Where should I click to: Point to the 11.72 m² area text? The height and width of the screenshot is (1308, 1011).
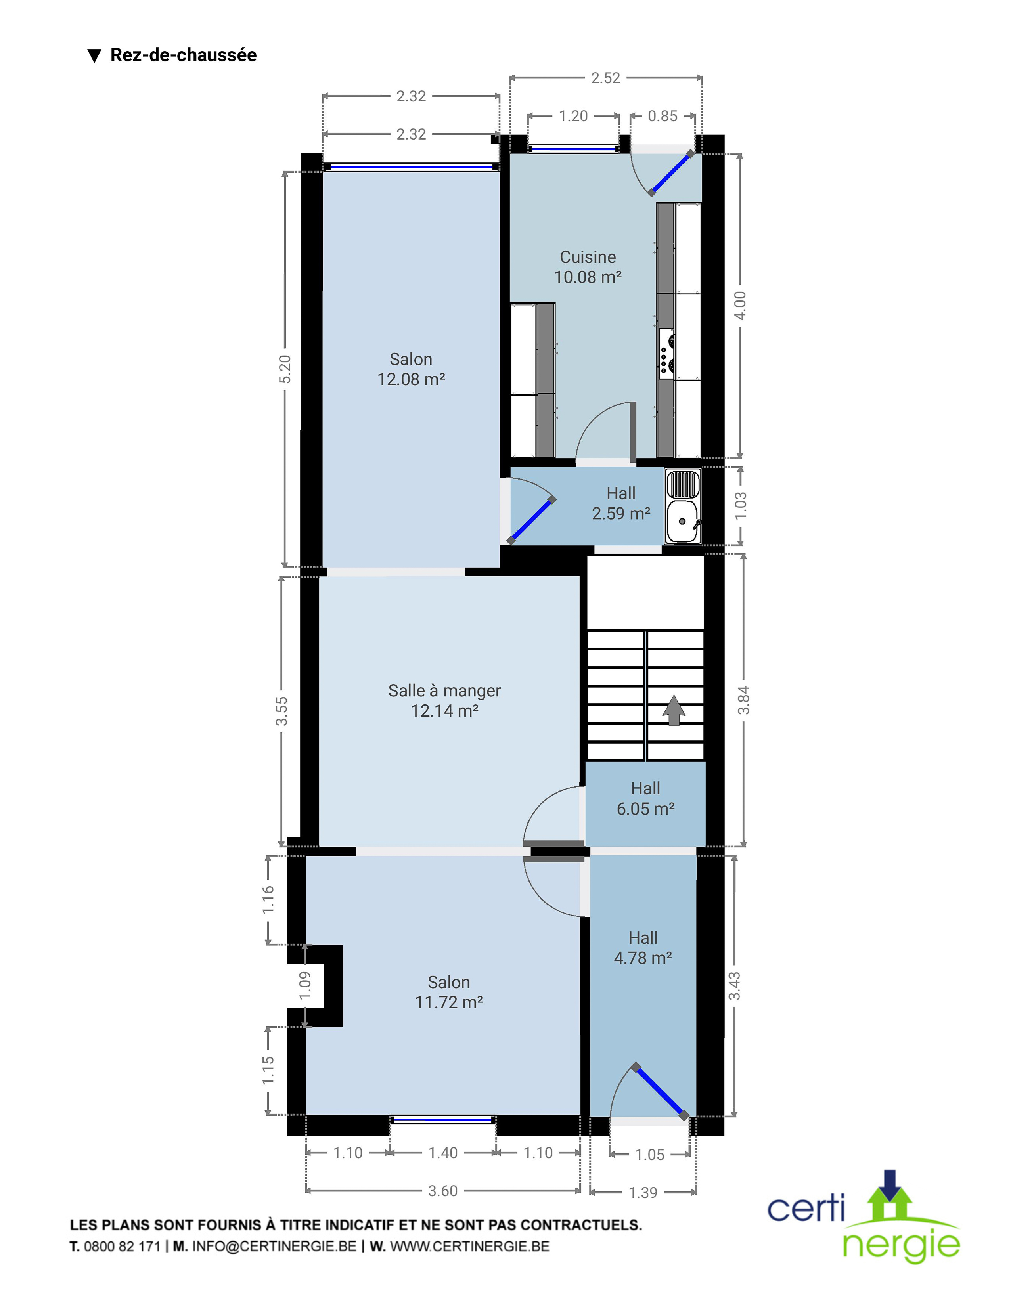pyautogui.click(x=448, y=1002)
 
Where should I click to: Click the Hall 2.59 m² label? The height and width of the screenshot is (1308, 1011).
pyautogui.click(x=621, y=503)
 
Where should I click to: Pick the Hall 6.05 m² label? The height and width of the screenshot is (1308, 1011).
pyautogui.click(x=645, y=798)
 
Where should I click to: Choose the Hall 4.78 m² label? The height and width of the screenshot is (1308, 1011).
pyautogui.click(x=643, y=947)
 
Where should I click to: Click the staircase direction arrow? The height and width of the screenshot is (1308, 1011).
pyautogui.click(x=674, y=710)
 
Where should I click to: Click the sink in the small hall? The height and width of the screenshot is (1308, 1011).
pyautogui.click(x=683, y=506)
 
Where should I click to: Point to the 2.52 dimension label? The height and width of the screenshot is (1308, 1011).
pyautogui.click(x=605, y=78)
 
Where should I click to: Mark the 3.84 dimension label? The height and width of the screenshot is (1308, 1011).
pyautogui.click(x=743, y=700)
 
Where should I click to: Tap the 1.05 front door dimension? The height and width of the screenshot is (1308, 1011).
pyautogui.click(x=650, y=1155)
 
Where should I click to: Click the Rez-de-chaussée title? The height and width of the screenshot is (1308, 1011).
pyautogui.click(x=183, y=55)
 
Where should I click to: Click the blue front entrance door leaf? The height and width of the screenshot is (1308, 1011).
pyautogui.click(x=659, y=1091)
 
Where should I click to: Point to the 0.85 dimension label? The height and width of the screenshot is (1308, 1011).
pyautogui.click(x=663, y=116)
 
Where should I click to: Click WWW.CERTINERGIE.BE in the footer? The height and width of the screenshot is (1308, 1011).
pyautogui.click(x=469, y=1246)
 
